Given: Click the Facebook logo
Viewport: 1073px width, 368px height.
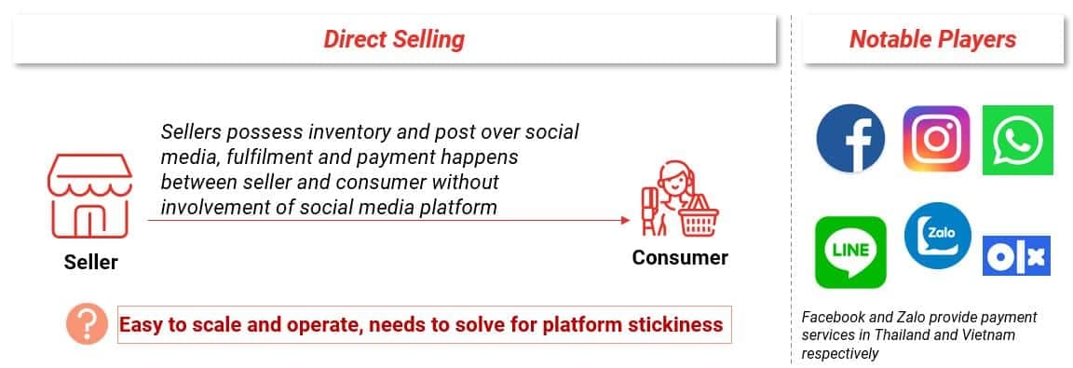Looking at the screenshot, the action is (849, 138).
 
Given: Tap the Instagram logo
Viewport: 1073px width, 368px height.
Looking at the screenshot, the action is (936, 138).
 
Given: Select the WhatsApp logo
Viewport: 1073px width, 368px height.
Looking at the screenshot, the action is (1017, 140).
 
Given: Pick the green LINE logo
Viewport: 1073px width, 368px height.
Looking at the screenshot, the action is (850, 252).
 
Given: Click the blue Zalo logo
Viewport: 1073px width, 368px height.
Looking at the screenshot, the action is (938, 236).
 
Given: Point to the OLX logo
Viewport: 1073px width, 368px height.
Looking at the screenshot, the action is (1016, 256).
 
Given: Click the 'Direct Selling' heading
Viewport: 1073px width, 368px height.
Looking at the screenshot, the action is (394, 39).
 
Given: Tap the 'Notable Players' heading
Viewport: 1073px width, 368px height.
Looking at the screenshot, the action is (932, 39).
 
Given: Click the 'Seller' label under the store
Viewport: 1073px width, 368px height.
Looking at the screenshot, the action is (91, 262).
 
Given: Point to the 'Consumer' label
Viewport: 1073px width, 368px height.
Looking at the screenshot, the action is (680, 257).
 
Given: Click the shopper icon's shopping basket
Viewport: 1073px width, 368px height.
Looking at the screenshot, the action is (699, 216).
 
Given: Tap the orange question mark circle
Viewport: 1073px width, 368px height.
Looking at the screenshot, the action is (87, 324).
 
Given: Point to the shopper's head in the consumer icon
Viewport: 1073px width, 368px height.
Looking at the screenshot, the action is (672, 176).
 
